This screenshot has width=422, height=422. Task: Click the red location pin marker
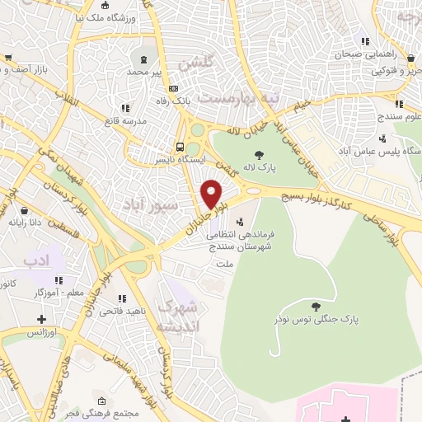coord(212,194)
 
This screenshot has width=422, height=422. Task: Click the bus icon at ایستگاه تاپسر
coord(181,147)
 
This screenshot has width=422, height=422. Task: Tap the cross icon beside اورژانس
coord(41,318)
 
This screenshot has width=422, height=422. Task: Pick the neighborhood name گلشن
coord(201,63)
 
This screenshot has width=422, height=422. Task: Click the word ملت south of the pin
coord(224,264)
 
